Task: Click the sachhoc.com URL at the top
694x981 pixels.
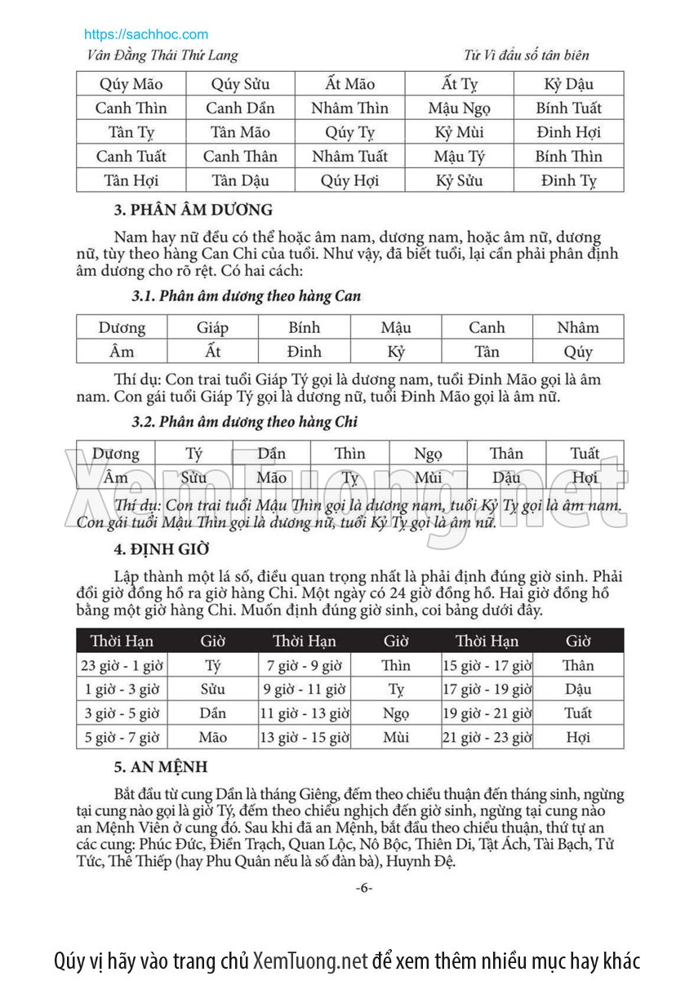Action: click(x=146, y=34)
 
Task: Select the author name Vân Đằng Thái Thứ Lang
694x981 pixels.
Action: click(x=162, y=55)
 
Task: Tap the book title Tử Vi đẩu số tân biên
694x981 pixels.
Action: click(x=526, y=55)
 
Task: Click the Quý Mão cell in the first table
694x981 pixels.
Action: click(x=131, y=84)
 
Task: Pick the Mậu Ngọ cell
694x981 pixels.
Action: click(x=459, y=108)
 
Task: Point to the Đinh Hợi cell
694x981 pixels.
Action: click(x=568, y=132)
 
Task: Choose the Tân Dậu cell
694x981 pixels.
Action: click(x=240, y=180)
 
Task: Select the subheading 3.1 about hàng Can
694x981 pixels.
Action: click(x=246, y=296)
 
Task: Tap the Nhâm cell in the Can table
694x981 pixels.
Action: click(x=578, y=327)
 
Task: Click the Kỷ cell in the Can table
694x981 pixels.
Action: click(x=396, y=352)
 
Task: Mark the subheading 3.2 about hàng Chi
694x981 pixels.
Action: click(x=244, y=422)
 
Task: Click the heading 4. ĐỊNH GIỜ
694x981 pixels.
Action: click(x=162, y=548)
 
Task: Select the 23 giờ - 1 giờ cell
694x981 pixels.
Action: click(x=122, y=665)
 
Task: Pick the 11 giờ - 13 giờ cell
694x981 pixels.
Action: click(x=305, y=713)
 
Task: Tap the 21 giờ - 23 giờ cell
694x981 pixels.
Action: click(x=487, y=738)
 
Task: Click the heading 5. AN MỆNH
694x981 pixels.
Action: click(x=160, y=767)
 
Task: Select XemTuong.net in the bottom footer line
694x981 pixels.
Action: click(x=310, y=960)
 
